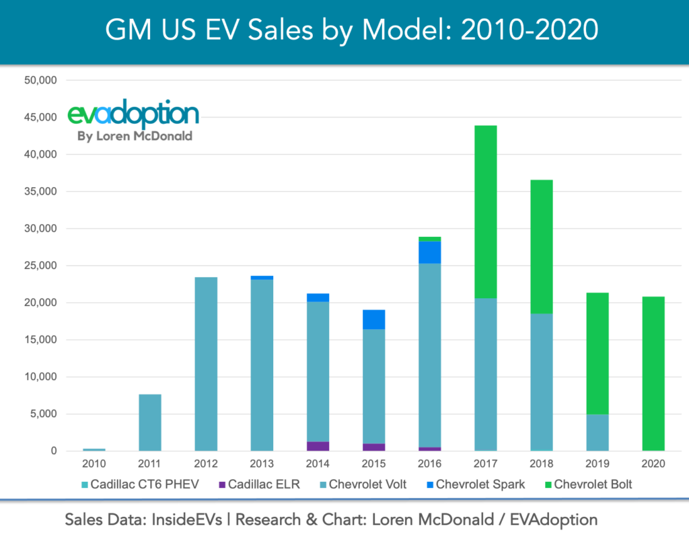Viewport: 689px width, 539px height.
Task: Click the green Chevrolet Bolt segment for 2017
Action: (x=486, y=212)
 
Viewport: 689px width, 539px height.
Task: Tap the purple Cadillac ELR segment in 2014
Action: (x=318, y=446)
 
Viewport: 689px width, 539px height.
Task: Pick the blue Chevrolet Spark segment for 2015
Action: (x=373, y=320)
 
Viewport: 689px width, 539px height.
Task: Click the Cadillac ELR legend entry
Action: (x=259, y=484)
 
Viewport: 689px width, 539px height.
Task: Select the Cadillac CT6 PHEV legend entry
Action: (x=145, y=484)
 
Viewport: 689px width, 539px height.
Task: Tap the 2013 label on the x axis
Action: (x=262, y=464)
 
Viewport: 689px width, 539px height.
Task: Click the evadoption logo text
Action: (x=133, y=115)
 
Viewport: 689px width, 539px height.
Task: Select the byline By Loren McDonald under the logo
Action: (x=135, y=136)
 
